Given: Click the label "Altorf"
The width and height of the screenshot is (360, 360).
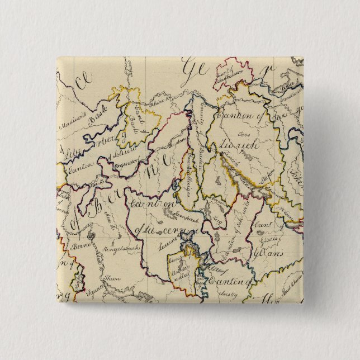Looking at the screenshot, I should pos(215,269).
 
